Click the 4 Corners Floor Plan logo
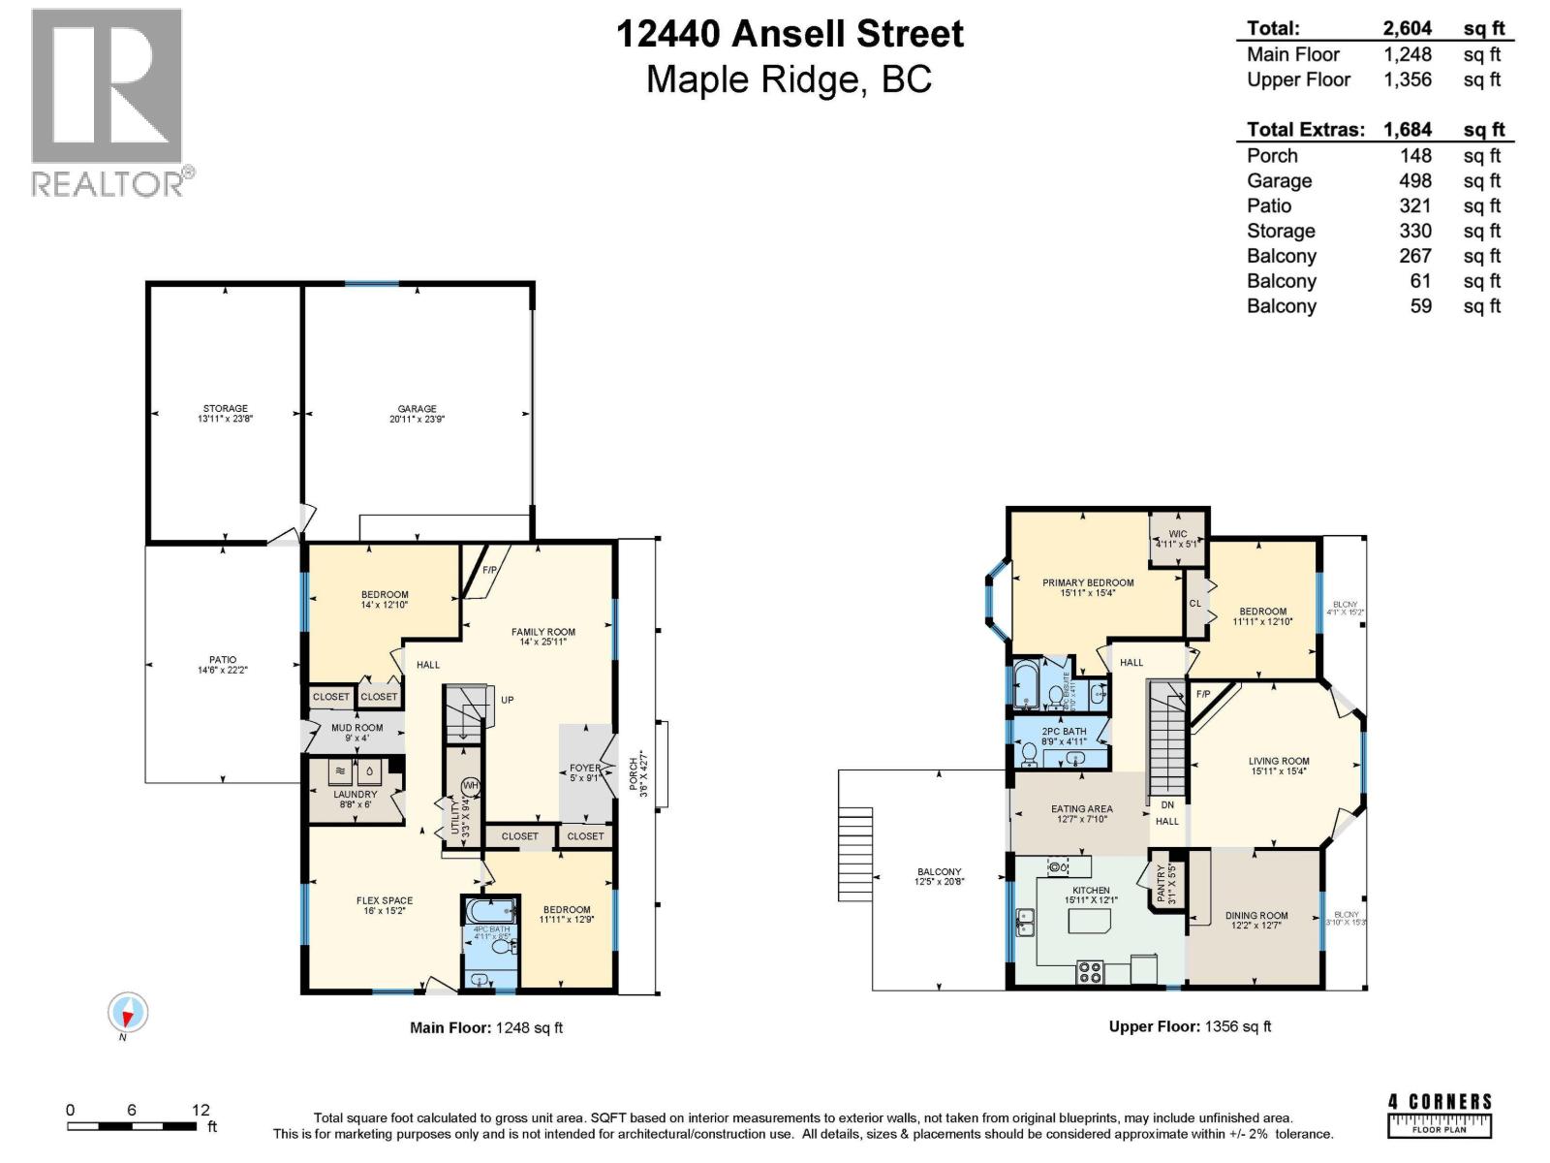(1440, 1115)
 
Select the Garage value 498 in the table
(1414, 181)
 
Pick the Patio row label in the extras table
(1269, 205)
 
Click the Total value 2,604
(1407, 28)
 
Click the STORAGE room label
(225, 409)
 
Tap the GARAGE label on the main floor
(417, 409)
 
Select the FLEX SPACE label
(385, 900)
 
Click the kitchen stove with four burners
(1090, 971)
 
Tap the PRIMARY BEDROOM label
(1088, 583)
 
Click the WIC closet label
(1177, 534)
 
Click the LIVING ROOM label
(1279, 762)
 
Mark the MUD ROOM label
(356, 728)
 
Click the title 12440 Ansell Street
(790, 34)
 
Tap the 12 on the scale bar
(200, 1110)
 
